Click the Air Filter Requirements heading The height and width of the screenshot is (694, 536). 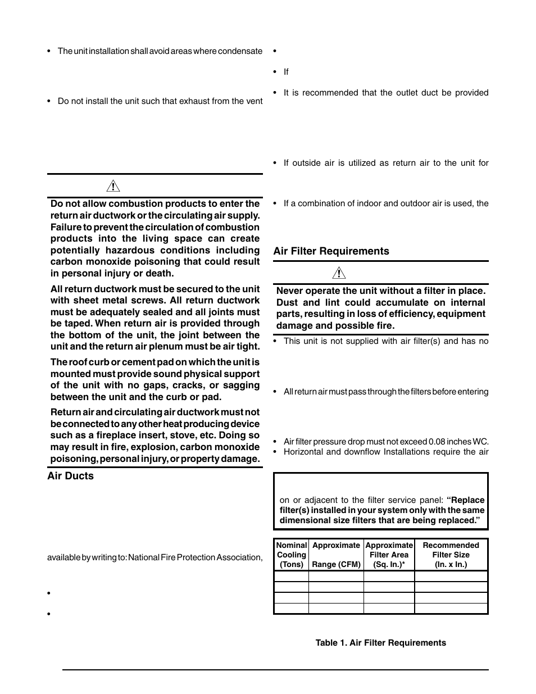(331, 251)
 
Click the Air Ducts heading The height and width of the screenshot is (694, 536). (70, 476)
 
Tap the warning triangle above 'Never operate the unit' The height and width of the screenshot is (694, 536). (338, 274)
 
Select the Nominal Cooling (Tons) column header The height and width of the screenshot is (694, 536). (291, 555)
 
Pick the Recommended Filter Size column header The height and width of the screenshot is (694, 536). (451, 555)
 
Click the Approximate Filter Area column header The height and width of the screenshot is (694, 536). (389, 555)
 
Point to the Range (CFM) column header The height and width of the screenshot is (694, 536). (336, 564)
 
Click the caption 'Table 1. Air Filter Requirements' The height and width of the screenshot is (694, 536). (380, 643)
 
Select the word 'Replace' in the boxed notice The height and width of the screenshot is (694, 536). (467, 500)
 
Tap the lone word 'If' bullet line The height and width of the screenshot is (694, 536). (286, 72)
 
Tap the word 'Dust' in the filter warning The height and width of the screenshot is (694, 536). (287, 302)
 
